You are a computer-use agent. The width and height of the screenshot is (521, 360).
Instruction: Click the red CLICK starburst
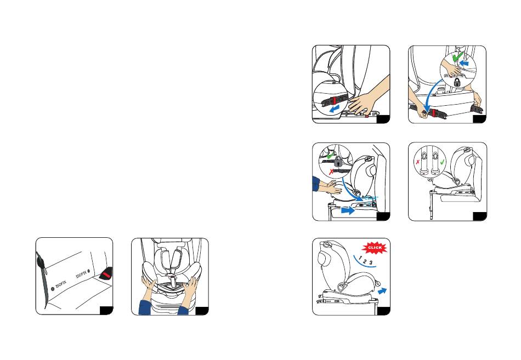375,248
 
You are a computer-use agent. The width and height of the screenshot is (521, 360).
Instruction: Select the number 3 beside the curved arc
371,262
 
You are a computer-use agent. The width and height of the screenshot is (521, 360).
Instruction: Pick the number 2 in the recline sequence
365,261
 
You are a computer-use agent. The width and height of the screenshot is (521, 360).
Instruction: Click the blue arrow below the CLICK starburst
382,290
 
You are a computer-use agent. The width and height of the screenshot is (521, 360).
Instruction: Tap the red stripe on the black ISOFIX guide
106,275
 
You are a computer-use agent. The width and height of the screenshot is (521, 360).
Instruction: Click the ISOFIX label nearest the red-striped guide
81,275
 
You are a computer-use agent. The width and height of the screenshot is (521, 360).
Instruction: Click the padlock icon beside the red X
338,162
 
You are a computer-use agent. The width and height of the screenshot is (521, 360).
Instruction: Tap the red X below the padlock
331,172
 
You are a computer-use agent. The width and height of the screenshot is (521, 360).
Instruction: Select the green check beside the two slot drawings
442,162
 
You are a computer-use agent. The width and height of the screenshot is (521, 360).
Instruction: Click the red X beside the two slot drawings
418,162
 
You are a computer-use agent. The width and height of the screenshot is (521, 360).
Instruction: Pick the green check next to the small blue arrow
457,58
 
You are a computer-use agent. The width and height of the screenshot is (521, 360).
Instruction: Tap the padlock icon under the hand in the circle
457,82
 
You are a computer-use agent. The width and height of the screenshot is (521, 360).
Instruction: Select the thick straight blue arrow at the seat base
348,210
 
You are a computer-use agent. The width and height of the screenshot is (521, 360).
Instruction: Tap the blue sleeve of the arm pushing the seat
316,184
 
